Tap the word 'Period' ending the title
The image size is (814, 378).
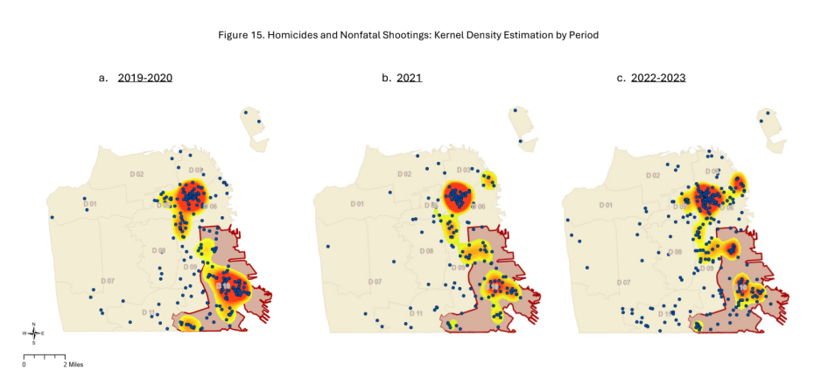pos(581,34)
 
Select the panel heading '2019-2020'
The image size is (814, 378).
pos(145,78)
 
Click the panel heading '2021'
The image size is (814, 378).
pos(409,78)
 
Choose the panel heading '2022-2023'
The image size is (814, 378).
pos(661,78)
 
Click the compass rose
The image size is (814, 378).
pos(33,333)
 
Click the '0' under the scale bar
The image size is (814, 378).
pos(24,364)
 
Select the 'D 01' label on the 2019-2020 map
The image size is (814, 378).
pos(91,205)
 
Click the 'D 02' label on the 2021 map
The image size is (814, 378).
pos(403,174)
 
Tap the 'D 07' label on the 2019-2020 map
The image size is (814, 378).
pos(107,281)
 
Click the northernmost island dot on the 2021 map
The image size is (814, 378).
pos(516,109)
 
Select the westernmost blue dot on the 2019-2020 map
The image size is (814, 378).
pos(52,217)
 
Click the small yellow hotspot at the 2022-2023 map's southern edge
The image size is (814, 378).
pos(698,326)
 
